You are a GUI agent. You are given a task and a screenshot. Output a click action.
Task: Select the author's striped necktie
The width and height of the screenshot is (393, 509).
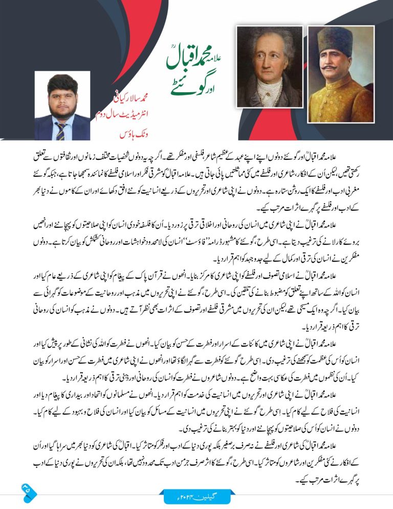pos(60,130)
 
